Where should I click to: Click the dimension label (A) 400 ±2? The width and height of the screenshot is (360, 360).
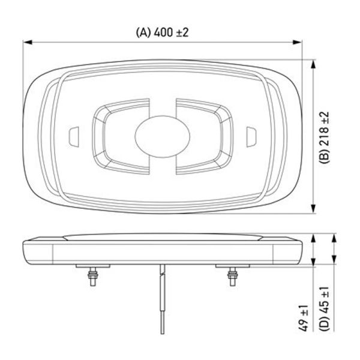click(162, 32)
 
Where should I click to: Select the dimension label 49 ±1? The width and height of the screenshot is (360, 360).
click(304, 316)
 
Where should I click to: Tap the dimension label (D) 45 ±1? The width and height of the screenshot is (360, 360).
click(325, 309)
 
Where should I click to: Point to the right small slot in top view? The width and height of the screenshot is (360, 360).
click(251, 136)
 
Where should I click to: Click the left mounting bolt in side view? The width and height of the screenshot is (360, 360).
click(93, 275)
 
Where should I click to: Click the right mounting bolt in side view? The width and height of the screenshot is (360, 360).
click(232, 275)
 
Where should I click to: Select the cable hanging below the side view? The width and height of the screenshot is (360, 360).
click(161, 300)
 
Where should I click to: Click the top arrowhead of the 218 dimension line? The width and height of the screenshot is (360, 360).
click(314, 62)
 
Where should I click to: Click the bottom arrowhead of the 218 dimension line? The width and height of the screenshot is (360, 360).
click(314, 210)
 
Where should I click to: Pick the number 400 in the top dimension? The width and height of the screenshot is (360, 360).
click(164, 32)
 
